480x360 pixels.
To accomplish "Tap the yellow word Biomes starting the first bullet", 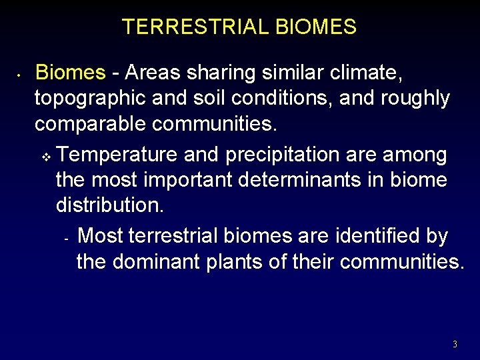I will pos(70,72).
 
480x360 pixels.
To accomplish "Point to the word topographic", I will pos(91,99).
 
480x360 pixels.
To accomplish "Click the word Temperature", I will pos(117,155).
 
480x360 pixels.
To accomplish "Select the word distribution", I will pos(109,205).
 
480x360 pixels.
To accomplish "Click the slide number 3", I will pos(455,345).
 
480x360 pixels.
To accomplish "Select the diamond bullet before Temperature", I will pos(46,157).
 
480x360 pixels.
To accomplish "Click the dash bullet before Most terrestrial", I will pos(66,238).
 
